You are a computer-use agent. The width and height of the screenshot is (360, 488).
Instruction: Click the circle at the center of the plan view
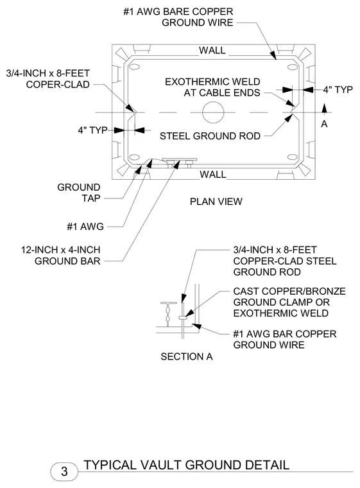pyautogui.click(x=213, y=102)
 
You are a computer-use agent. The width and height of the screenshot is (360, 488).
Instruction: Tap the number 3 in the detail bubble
pyautogui.click(x=64, y=471)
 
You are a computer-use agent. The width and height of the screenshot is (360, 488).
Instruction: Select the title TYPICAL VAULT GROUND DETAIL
pyautogui.click(x=187, y=465)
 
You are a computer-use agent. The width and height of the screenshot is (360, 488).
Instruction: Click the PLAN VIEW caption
pyautogui.click(x=216, y=202)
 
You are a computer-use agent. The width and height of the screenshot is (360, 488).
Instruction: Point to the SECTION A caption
pyautogui.click(x=186, y=356)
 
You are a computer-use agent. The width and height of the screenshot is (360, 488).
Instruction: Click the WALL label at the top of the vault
pyautogui.click(x=212, y=50)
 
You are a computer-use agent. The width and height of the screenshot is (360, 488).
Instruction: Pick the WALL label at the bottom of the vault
pyautogui.click(x=213, y=174)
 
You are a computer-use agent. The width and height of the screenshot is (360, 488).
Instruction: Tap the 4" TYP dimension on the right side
pyautogui.click(x=338, y=90)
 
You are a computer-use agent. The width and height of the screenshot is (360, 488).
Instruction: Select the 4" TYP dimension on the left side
pyautogui.click(x=92, y=130)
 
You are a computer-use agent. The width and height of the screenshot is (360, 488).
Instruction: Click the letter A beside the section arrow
pyautogui.click(x=324, y=124)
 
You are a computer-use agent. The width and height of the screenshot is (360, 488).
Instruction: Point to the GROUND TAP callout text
pyautogui.click(x=79, y=193)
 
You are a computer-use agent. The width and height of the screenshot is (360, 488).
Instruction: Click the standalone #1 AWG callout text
pyautogui.click(x=85, y=226)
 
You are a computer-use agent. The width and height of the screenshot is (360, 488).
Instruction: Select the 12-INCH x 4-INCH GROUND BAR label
pyautogui.click(x=61, y=255)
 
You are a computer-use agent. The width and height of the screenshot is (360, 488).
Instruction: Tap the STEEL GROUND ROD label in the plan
pyautogui.click(x=210, y=136)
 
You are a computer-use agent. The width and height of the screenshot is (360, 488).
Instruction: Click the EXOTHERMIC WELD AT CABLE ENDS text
pyautogui.click(x=212, y=87)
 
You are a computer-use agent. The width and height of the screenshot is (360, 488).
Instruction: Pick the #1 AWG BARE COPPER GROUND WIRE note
pyautogui.click(x=178, y=17)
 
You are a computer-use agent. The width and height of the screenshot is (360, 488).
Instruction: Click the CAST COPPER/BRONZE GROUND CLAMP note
pyautogui.click(x=289, y=302)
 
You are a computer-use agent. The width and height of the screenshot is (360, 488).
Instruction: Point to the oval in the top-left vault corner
pyautogui.click(x=134, y=67)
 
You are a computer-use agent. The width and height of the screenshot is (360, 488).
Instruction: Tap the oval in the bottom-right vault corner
pyautogui.click(x=293, y=157)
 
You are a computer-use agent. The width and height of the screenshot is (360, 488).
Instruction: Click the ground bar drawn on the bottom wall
pyautogui.click(x=180, y=160)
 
